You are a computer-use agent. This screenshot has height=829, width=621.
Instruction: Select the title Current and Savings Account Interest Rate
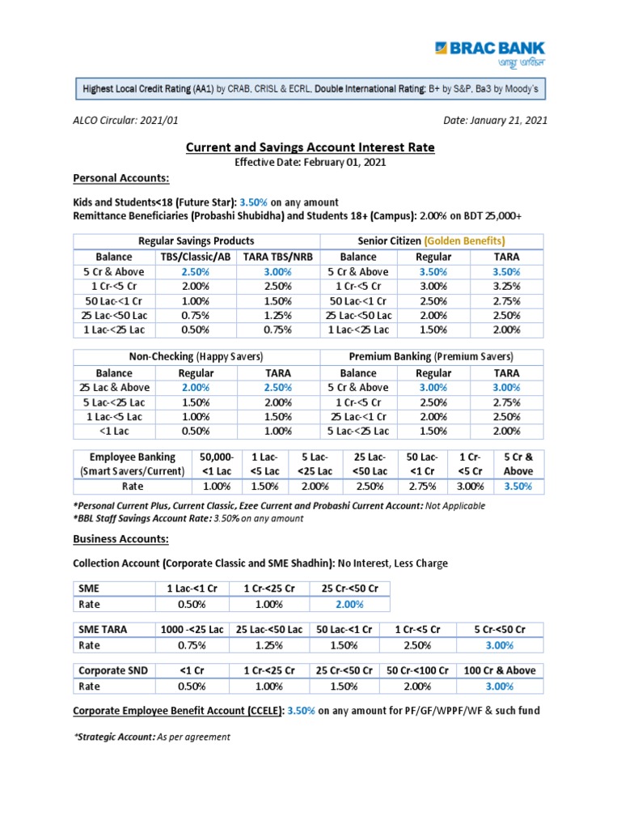coord(310,147)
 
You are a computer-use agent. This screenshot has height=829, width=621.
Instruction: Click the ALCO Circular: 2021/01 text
coord(125,121)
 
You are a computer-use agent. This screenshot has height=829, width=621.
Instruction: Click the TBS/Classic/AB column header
coord(196,257)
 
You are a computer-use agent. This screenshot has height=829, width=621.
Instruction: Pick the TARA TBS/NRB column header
coord(278,257)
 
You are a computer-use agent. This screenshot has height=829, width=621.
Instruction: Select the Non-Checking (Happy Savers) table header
coord(196,357)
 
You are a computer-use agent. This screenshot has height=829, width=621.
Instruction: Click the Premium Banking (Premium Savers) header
coord(431,357)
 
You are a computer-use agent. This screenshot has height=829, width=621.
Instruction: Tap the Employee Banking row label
coord(132,464)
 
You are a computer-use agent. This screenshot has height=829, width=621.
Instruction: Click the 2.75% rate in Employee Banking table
coord(421,487)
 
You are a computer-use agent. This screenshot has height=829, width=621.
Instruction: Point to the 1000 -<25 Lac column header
coord(192,629)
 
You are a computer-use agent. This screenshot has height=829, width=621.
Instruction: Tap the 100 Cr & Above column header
coord(500,670)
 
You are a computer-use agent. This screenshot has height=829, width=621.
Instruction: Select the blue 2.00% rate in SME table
coord(349,604)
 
